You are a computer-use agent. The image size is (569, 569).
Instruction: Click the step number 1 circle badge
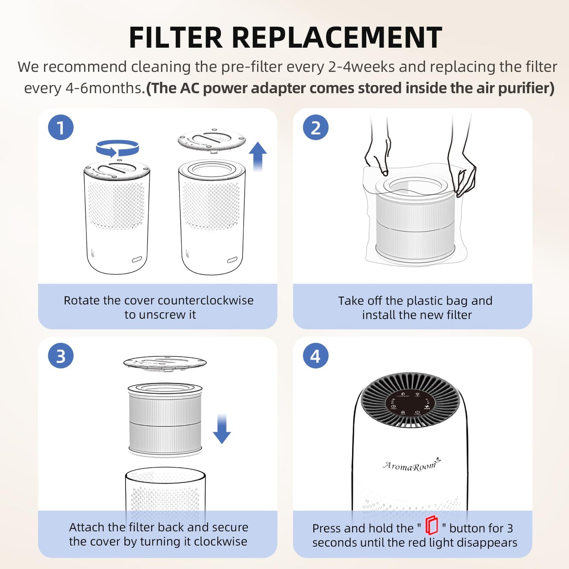(61, 128)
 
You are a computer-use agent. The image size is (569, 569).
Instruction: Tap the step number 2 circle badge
(315, 128)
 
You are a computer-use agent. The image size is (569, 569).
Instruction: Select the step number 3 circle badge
(61, 356)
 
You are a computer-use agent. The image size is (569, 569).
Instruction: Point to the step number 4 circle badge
(315, 356)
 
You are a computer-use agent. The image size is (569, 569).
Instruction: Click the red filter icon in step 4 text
(432, 525)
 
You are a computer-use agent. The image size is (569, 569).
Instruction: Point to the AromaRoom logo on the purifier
(411, 465)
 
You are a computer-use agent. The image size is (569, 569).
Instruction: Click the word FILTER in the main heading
(176, 38)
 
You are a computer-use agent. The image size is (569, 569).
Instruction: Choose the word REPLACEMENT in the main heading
(337, 38)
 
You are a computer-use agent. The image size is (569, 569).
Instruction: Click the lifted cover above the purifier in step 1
(211, 140)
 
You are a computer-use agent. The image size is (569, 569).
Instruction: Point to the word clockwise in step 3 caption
(221, 541)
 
